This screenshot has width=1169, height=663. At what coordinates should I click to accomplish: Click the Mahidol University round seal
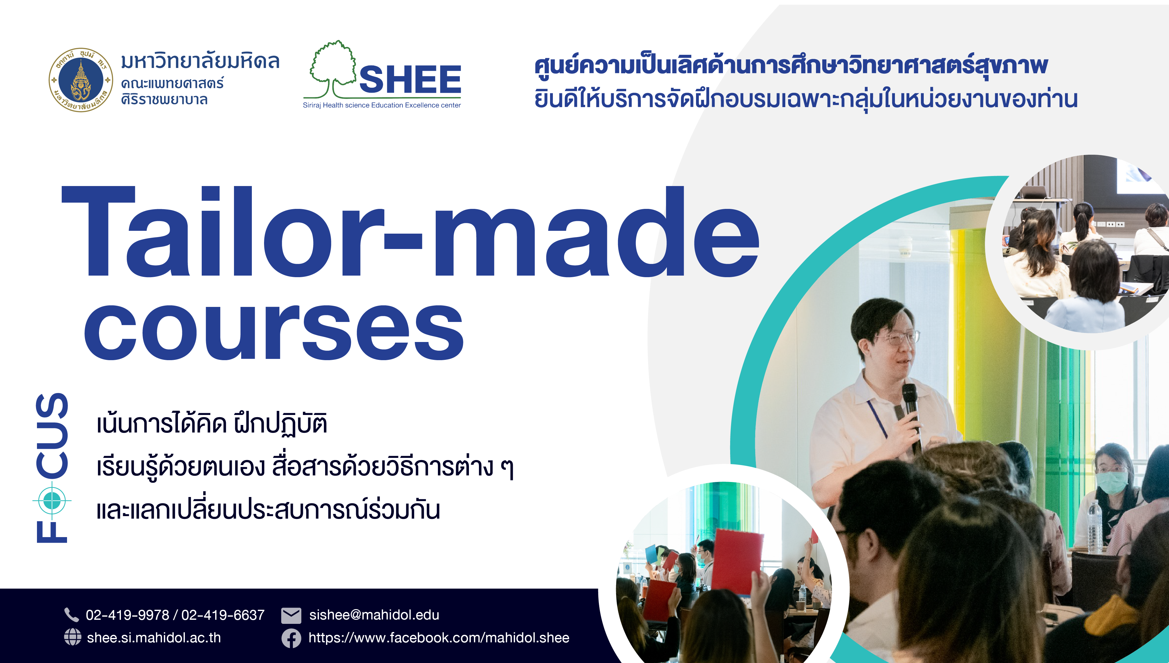[81, 80]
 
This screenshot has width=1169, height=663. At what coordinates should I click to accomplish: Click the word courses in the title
[274, 331]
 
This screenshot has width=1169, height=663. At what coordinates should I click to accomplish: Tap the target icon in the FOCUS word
[52, 501]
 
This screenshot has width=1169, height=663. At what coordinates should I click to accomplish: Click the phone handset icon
[71, 615]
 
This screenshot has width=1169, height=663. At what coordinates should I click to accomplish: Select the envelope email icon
[291, 615]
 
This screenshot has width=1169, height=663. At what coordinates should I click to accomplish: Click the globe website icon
[72, 637]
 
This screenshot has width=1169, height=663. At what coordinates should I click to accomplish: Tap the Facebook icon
[291, 638]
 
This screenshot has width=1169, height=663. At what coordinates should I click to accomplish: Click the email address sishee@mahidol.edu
[374, 615]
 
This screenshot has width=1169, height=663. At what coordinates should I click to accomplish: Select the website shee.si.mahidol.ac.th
[154, 638]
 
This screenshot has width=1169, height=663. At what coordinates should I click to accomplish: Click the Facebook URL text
[439, 638]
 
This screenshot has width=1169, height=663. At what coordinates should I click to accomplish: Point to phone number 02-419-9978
[127, 615]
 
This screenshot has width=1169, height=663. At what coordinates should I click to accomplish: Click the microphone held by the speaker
[912, 417]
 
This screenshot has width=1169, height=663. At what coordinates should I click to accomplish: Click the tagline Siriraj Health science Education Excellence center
[382, 105]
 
